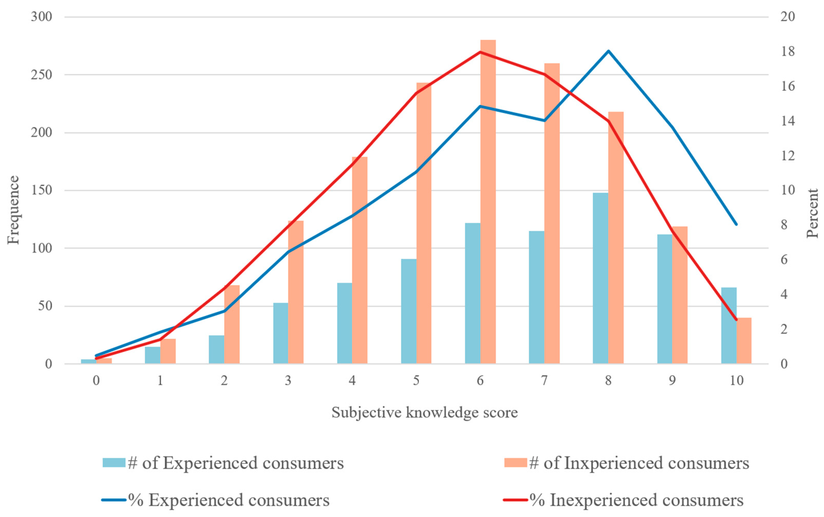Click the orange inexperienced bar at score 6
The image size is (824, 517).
click(488, 202)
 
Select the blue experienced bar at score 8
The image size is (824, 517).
click(600, 278)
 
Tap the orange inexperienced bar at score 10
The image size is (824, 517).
click(744, 341)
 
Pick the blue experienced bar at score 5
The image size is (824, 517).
click(409, 311)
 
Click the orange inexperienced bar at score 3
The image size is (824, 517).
click(296, 292)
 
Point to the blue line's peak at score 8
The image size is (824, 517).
click(608, 51)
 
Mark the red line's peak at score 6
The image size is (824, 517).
click(480, 52)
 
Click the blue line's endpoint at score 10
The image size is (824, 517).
click(736, 224)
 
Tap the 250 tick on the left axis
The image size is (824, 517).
click(41, 75)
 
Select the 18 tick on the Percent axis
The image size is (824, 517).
click(787, 52)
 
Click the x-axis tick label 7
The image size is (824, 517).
click(544, 380)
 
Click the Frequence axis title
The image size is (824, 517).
click(14, 210)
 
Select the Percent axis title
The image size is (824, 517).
click(812, 213)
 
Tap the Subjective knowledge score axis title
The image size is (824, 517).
click(425, 413)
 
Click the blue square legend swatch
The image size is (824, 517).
click(114, 463)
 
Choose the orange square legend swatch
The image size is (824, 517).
click(516, 463)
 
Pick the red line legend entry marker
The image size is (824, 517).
click(516, 500)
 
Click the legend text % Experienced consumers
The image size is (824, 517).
click(229, 500)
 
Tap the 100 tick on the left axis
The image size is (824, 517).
click(41, 248)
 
